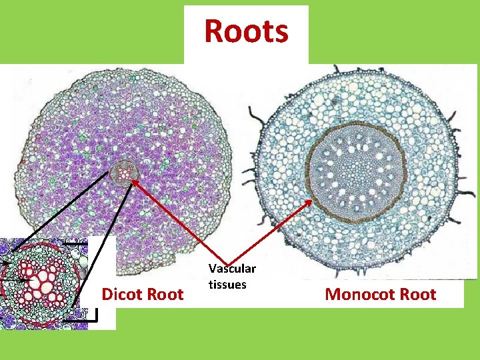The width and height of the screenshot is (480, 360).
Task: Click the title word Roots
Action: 246,31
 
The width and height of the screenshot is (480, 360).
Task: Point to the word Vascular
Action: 232,269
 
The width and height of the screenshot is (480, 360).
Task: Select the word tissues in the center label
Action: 227,284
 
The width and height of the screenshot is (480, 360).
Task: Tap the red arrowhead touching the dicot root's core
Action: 133,179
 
